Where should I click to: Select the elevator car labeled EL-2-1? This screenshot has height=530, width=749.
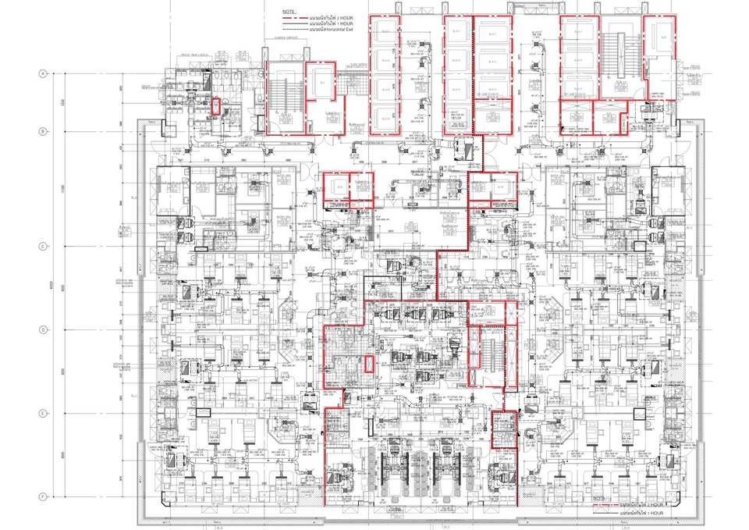(x=388, y=30)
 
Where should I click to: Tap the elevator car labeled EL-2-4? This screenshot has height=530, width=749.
(x=388, y=118)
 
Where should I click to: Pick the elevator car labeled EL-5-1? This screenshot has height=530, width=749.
(x=578, y=30)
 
